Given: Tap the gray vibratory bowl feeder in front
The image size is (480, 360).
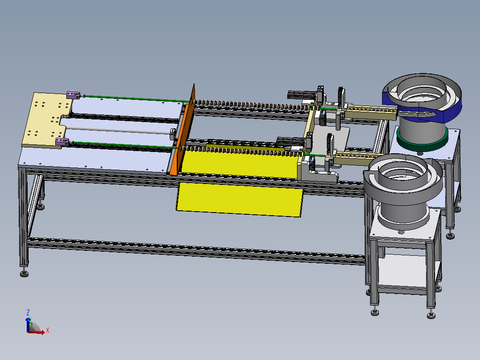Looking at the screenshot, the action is coord(403,189).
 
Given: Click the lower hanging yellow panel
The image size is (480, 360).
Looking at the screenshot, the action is coord(240,200).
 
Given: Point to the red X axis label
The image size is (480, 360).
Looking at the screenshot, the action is coord(48,330).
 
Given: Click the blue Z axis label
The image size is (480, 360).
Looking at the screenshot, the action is coord(28,312).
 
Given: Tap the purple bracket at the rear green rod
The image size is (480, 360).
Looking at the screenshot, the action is coord(73,94).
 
